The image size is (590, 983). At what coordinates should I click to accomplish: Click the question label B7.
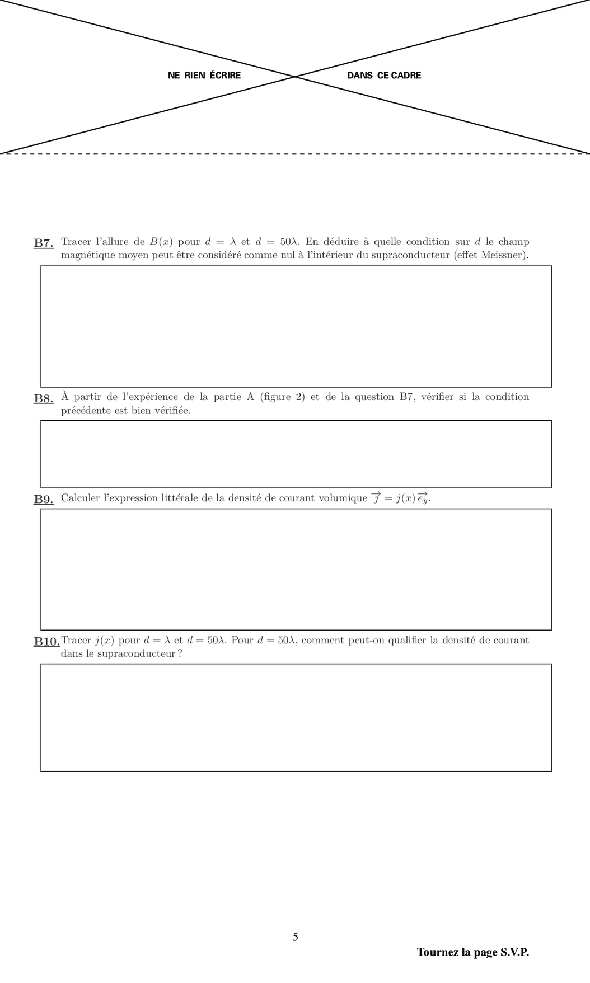click(x=43, y=243)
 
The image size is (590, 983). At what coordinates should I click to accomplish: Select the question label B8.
click(x=43, y=398)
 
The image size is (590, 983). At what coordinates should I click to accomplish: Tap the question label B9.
click(x=43, y=499)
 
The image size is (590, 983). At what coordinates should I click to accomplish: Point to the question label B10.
click(x=46, y=641)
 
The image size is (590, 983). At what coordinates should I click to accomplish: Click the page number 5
click(x=295, y=937)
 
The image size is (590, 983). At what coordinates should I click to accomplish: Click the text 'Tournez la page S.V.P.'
click(x=472, y=952)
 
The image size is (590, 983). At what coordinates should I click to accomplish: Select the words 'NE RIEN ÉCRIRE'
click(x=204, y=76)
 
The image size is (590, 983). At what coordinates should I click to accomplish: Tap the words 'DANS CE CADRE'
click(x=384, y=76)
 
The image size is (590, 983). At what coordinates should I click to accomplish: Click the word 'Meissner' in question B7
click(x=505, y=255)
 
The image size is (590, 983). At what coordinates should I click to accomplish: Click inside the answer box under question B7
click(x=296, y=326)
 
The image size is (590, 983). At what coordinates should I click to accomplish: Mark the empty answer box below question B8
click(x=296, y=454)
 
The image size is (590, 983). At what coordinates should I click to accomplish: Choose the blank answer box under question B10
click(x=296, y=717)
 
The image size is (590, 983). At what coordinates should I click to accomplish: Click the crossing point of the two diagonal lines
click(x=295, y=77)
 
